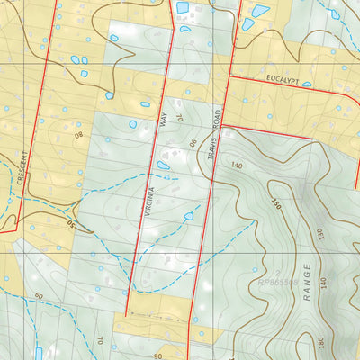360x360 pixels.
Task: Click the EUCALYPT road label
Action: click(x=287, y=80)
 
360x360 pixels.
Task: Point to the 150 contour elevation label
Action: click(x=276, y=206)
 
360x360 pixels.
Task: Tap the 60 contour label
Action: click(x=39, y=295)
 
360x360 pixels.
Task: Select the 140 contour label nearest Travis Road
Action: click(x=238, y=166)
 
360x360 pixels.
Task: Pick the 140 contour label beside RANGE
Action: click(x=322, y=284)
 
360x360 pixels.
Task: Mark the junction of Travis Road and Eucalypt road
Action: click(x=227, y=78)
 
